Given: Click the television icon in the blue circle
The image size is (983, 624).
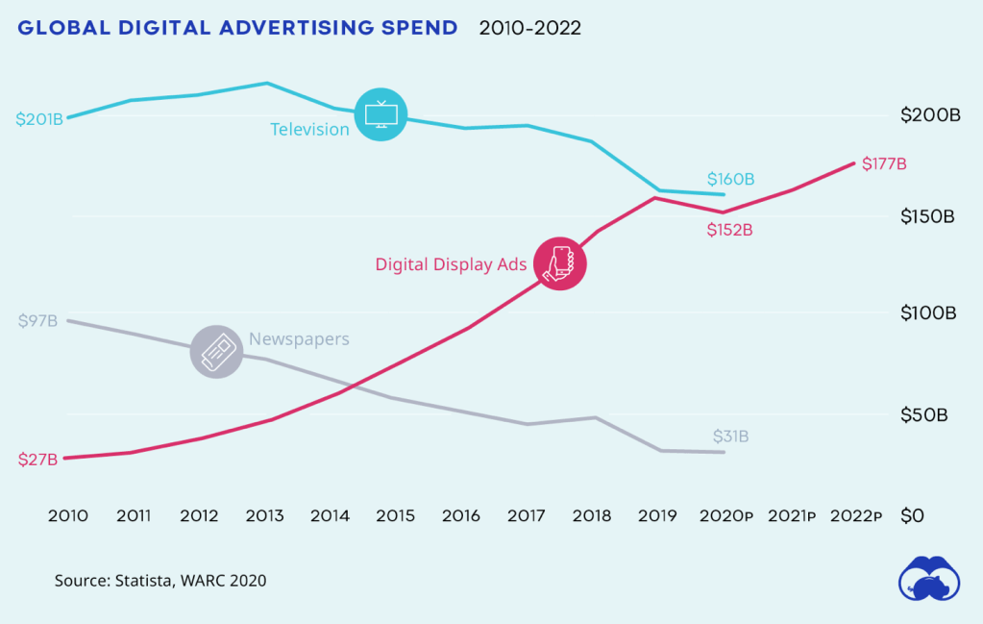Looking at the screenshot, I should click(x=381, y=114).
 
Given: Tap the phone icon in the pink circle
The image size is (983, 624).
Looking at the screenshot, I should click(x=559, y=262).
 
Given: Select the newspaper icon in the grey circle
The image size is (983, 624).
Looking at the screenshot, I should click(x=216, y=351).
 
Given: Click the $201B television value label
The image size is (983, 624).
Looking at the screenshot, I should click(x=39, y=119).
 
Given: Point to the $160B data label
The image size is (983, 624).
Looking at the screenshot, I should click(x=730, y=179).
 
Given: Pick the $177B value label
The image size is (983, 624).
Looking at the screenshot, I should click(x=884, y=163).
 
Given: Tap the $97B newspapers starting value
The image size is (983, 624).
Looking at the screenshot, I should click(x=37, y=320).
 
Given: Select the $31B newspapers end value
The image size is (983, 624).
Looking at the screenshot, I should click(x=730, y=437).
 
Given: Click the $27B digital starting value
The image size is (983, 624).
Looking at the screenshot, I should click(x=37, y=460).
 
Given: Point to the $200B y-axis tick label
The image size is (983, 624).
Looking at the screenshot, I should click(x=930, y=115).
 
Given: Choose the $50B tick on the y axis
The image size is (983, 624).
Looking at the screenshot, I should click(x=924, y=415).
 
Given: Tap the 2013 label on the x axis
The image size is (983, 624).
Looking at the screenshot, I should click(x=264, y=516).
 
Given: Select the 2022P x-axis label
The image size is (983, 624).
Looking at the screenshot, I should click(x=855, y=516).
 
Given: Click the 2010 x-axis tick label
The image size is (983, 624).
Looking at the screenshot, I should click(x=67, y=516).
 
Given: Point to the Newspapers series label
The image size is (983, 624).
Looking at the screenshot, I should click(x=299, y=339).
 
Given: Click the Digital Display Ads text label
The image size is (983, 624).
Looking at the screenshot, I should click(x=451, y=264).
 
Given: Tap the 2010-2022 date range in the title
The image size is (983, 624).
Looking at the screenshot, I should click(x=529, y=28).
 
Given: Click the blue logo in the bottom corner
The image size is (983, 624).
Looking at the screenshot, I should click(x=929, y=581).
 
